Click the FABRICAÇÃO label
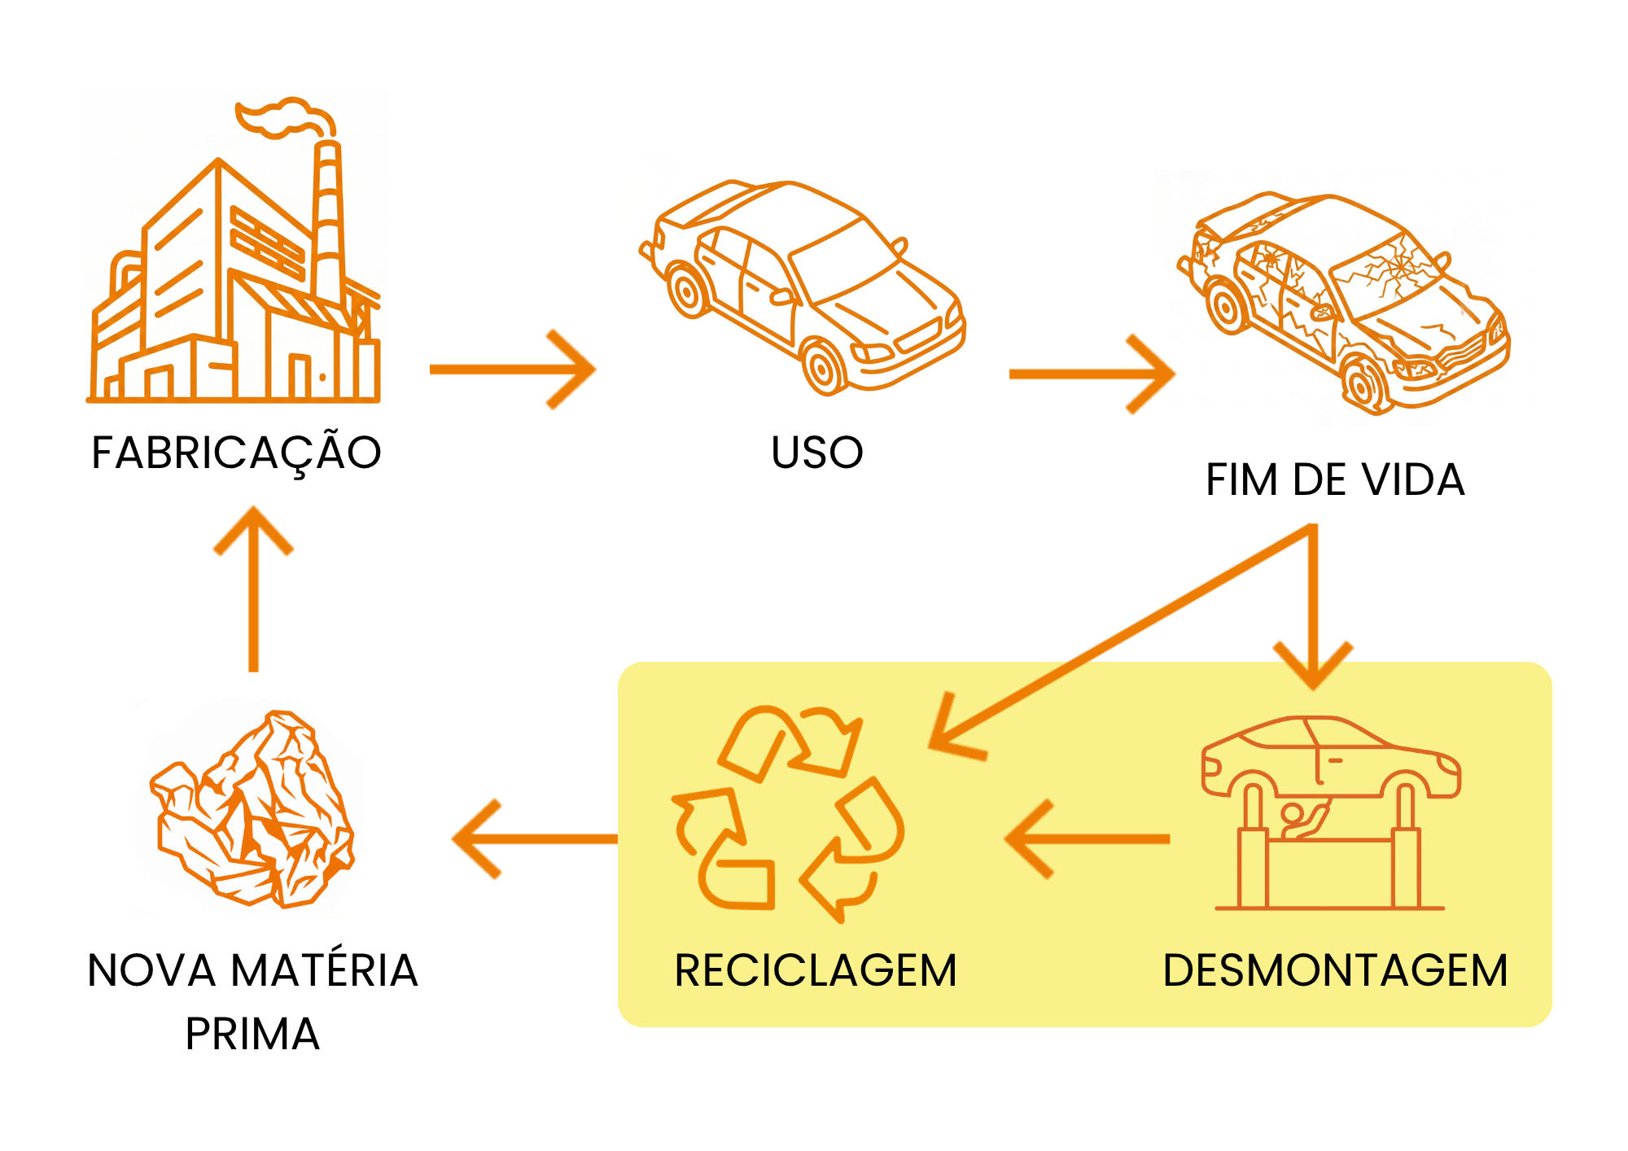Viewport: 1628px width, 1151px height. [236, 453]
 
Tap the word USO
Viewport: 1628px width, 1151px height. [817, 453]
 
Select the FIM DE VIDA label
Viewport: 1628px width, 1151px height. [1335, 479]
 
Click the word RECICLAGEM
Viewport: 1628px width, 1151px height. [816, 970]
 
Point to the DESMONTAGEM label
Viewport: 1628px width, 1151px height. [1336, 970]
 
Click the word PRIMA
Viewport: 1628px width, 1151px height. [252, 1034]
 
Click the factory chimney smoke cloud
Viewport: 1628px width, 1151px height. [285, 118]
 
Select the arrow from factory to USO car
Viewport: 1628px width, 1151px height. [513, 370]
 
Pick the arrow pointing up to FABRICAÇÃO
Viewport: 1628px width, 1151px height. [253, 589]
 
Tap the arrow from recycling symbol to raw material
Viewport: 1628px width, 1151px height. [535, 838]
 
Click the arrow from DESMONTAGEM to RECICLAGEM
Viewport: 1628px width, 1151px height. [1088, 838]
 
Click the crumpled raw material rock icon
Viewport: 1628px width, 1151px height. [252, 810]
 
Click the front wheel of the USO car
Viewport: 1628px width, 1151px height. [824, 367]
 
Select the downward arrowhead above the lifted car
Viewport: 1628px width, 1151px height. [1313, 666]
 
